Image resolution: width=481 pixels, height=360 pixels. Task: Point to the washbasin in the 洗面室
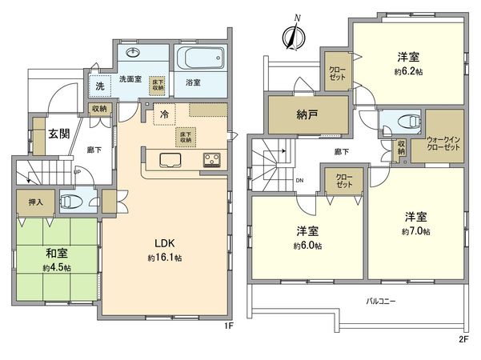click(x=133, y=54)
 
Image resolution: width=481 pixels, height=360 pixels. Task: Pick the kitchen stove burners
click(x=211, y=159)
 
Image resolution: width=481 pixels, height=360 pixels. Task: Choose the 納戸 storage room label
click(x=308, y=114)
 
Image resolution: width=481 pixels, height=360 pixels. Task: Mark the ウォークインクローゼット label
click(x=443, y=142)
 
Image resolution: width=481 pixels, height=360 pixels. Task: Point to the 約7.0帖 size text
click(x=416, y=231)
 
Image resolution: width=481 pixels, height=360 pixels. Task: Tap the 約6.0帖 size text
click(x=308, y=246)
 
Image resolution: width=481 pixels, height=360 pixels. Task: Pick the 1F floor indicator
click(x=228, y=326)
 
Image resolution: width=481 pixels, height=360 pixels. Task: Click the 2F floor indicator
click(x=463, y=339)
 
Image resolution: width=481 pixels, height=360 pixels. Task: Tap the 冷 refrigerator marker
click(x=162, y=114)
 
